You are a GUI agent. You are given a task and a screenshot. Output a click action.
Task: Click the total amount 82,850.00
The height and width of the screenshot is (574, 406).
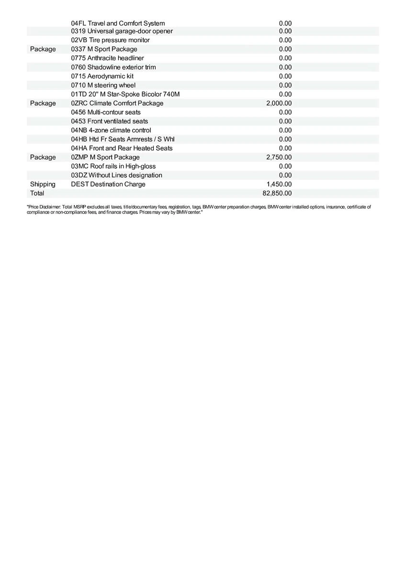point(279,193)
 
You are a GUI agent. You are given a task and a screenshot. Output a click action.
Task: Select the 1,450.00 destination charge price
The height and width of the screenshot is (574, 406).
point(279,184)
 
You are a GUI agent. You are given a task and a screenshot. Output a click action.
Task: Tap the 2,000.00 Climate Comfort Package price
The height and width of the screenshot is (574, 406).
point(279,103)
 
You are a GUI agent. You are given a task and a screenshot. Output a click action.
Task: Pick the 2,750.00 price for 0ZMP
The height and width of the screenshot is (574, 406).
point(279,157)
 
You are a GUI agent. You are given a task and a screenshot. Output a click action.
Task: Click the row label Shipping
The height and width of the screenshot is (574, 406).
point(43,184)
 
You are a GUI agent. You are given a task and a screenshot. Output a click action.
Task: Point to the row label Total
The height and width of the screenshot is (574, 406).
point(37,193)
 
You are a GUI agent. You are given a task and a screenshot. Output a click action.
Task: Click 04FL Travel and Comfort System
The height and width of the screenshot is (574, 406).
point(118,23)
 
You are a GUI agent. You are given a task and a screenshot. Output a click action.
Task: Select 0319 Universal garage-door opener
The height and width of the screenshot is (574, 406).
point(122,31)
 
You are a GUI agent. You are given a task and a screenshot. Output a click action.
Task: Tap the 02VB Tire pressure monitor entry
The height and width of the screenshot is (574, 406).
point(110,40)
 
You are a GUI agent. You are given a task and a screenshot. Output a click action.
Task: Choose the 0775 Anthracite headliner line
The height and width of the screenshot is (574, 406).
point(107,58)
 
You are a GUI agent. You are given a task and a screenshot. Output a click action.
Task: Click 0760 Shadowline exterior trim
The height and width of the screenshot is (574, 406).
point(113,67)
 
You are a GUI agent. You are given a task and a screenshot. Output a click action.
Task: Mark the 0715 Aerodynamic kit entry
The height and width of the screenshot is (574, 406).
point(102,76)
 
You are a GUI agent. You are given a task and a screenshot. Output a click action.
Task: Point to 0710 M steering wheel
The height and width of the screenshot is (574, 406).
point(103,85)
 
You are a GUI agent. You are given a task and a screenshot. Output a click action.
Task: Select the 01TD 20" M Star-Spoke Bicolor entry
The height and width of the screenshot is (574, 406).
point(125,94)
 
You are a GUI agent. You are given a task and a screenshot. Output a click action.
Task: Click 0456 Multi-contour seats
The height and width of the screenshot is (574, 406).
point(106,112)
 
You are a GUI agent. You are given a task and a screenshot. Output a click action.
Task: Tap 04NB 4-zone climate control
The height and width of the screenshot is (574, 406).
point(111,130)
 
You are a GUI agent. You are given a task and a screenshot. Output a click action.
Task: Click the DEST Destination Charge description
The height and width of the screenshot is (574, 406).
point(108,184)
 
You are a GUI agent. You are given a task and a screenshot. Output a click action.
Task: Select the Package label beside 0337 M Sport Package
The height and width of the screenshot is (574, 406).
point(43,49)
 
